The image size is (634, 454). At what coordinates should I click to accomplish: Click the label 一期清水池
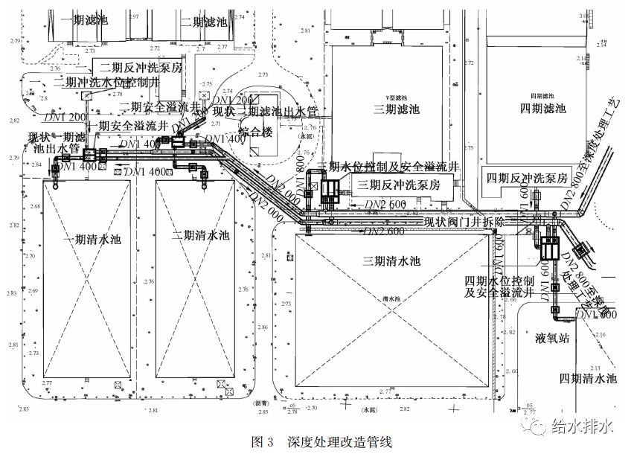(x=92, y=240)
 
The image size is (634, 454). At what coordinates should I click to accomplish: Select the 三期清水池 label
(x=391, y=261)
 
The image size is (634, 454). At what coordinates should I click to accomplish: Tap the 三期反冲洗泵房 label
(x=400, y=185)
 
